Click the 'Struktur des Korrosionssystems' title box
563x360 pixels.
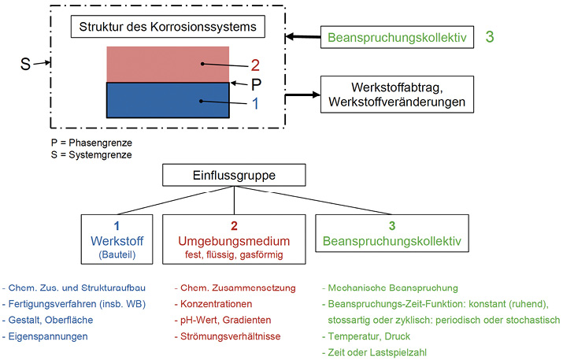[168, 27]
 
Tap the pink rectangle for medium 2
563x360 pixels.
[168, 65]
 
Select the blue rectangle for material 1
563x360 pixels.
[168, 100]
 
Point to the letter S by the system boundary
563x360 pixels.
[25, 64]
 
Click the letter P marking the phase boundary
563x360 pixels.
[256, 85]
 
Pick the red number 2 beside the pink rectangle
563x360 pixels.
[255, 65]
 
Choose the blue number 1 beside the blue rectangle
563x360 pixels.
[255, 104]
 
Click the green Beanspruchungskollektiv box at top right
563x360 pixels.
[397, 37]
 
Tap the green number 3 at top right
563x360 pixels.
[490, 37]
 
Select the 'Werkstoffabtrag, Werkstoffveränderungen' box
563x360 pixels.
[397, 95]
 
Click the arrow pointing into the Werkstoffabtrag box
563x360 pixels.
[302, 95]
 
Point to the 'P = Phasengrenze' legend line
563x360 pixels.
[91, 143]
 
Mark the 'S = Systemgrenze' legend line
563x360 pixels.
[91, 155]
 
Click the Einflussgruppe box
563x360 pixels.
[234, 175]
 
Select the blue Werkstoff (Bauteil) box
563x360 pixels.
[117, 239]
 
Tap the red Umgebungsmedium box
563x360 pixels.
[234, 239]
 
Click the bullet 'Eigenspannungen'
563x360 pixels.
[45, 336]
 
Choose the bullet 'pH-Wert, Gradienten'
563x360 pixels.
[223, 320]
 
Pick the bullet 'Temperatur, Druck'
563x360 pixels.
[366, 336]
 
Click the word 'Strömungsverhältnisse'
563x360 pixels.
[231, 336]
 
